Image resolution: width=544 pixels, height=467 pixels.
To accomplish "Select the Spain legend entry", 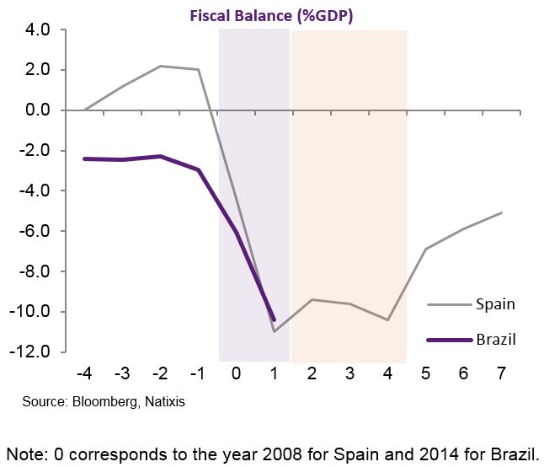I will point(495,303).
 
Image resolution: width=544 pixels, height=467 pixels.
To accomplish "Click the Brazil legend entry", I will point(495,340).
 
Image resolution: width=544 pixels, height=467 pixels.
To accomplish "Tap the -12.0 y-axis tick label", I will point(32,352).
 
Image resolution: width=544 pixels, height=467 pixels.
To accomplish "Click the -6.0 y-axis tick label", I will point(35,231).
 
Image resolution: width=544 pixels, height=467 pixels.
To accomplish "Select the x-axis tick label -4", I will point(84,373).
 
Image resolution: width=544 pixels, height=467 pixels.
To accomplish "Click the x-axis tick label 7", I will point(502,373).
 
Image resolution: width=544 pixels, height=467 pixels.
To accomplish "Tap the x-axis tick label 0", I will point(237,373).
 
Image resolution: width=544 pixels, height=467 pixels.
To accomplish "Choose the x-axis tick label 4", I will point(388,373).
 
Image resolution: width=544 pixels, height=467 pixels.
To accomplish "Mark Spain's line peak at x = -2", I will point(161,66).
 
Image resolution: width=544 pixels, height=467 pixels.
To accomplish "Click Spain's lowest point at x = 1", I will point(275,331).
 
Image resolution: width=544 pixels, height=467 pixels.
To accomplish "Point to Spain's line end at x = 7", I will point(502,212).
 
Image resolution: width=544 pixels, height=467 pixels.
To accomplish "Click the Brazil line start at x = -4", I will point(85,158).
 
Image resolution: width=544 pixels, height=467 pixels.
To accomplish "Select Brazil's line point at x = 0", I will point(237,233).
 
